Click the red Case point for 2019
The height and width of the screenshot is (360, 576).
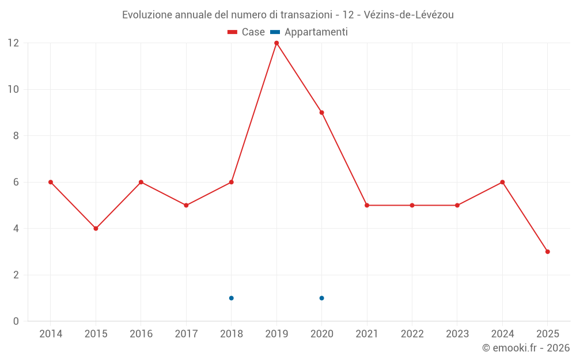coord(276,43)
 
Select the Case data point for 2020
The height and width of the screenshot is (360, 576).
coord(321,112)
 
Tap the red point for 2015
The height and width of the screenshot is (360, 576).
coord(96,229)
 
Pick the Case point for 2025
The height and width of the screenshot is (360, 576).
coord(547,252)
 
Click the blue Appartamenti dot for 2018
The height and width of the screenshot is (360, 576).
coord(231,298)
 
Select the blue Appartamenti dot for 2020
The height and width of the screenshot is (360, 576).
coord(321,298)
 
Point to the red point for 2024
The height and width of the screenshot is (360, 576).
coord(502,182)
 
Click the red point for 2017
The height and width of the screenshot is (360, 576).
coord(186,205)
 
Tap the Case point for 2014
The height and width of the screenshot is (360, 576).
coord(51,182)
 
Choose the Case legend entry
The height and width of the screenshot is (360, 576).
coord(247,32)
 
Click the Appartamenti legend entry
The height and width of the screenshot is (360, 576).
coord(309,32)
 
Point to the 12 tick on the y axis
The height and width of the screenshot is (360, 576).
coord(13,43)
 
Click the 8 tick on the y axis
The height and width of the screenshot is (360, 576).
coord(16,136)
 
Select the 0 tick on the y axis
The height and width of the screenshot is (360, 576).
coord(16,321)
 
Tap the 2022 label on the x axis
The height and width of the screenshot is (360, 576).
coord(412,334)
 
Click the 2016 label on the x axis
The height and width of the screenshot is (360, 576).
coord(141,334)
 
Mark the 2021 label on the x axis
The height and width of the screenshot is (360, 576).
coord(367,334)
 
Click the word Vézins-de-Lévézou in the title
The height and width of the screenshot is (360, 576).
coord(409,15)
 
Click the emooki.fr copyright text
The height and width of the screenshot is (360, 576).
coord(526,348)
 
